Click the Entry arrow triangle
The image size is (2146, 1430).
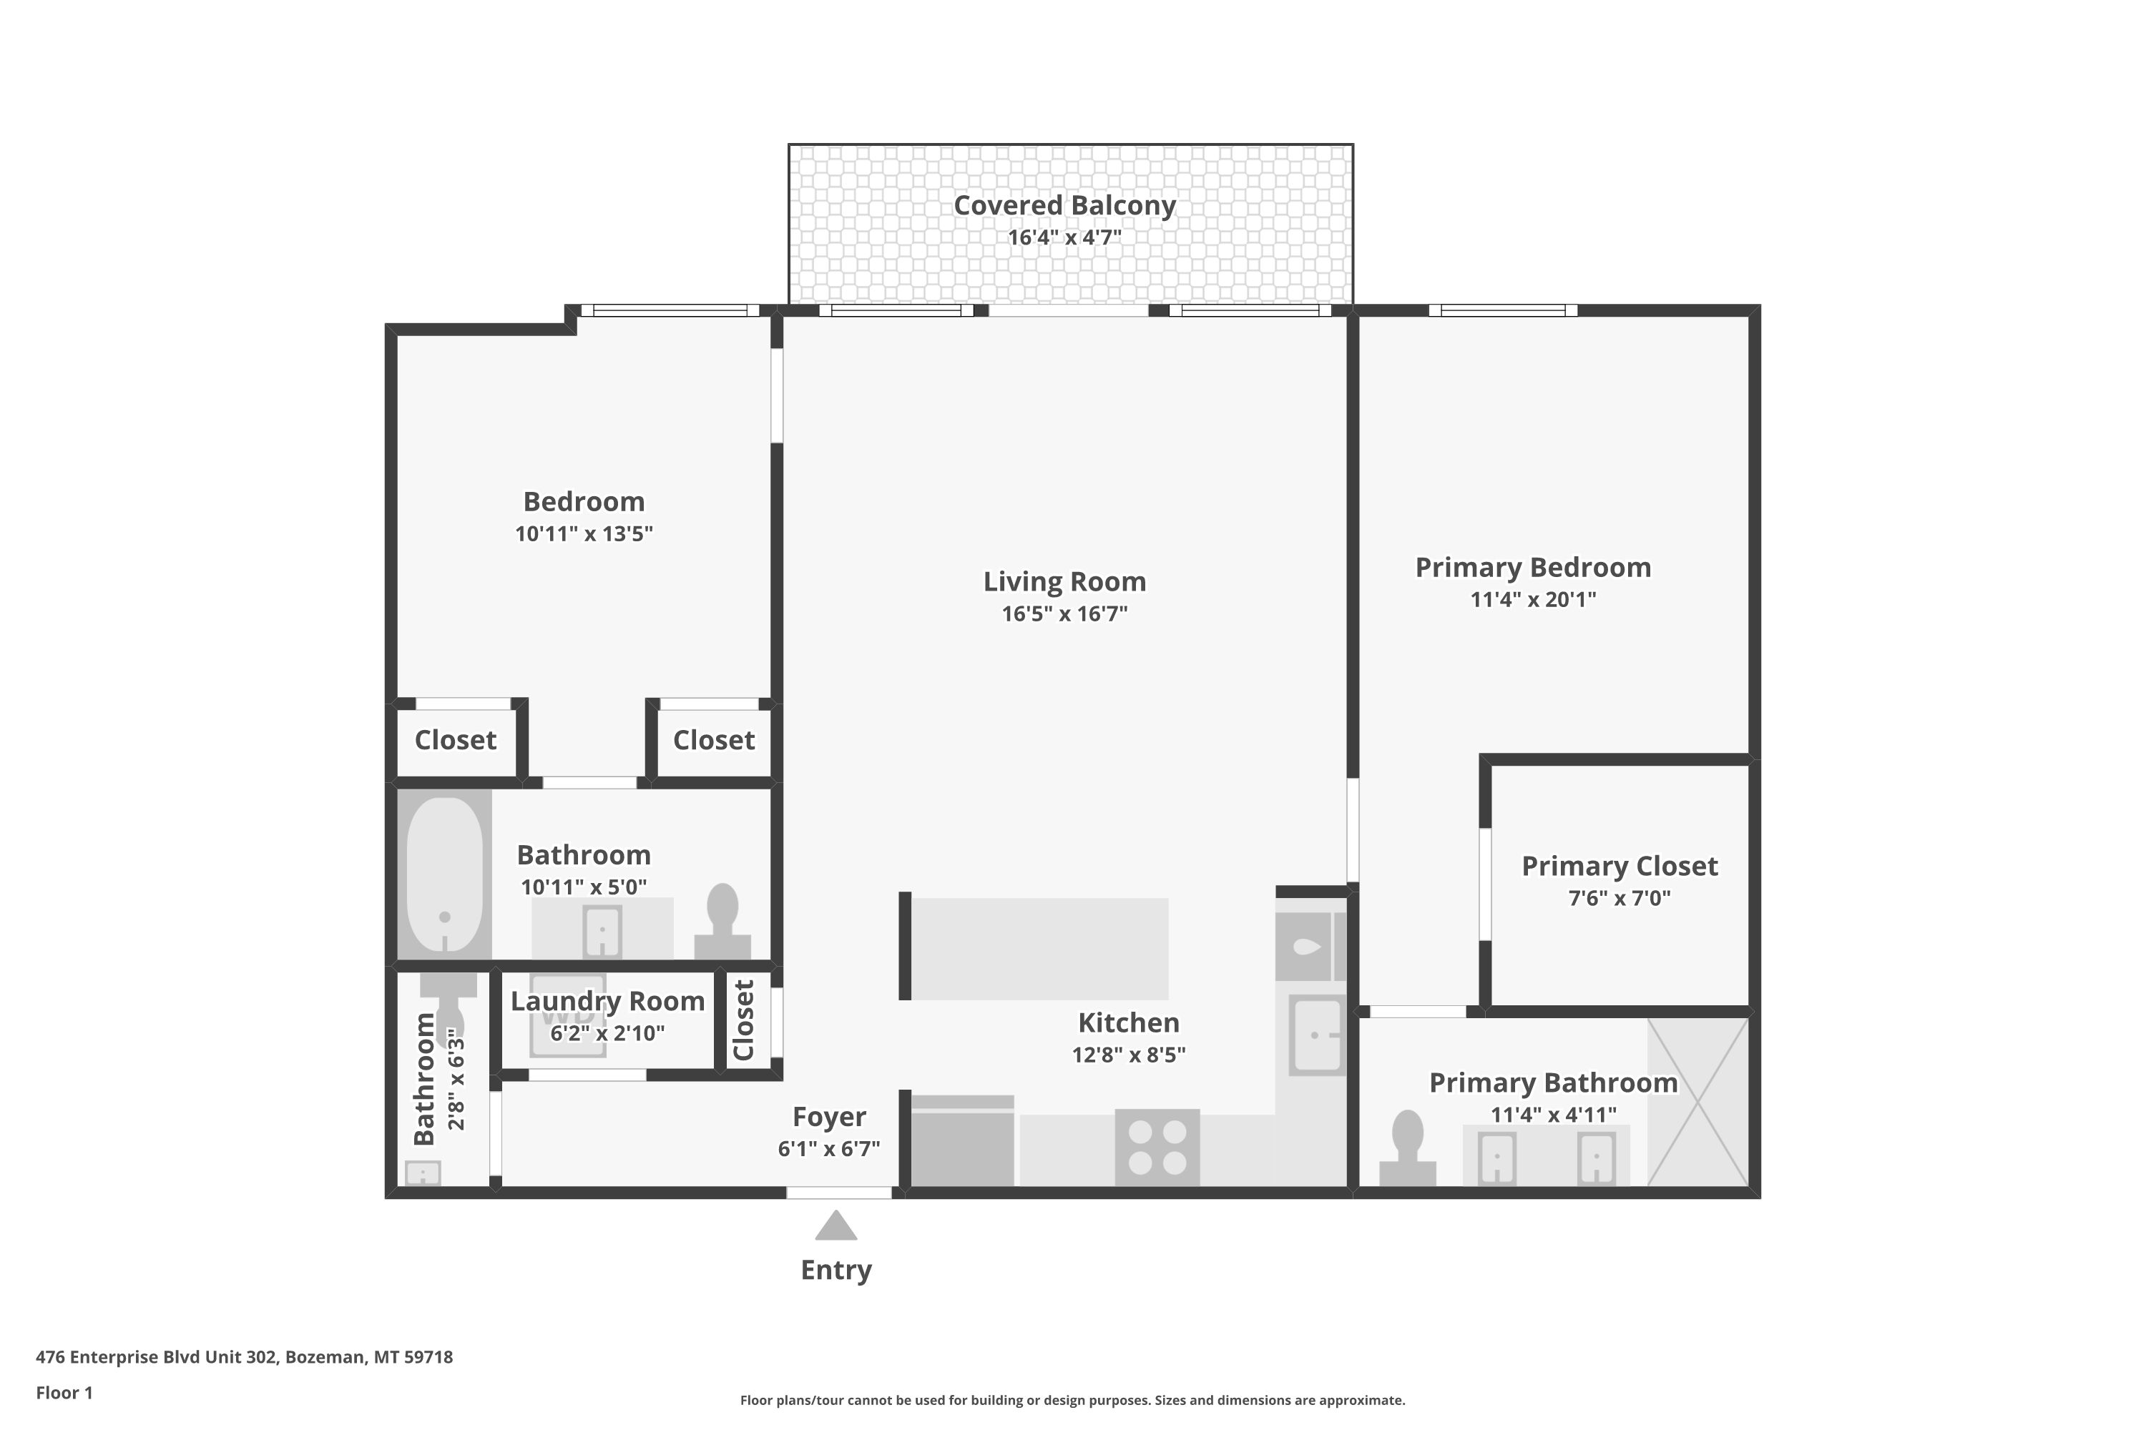[836, 1226]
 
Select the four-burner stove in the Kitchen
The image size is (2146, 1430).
[1157, 1148]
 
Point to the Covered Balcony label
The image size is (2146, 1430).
[1065, 205]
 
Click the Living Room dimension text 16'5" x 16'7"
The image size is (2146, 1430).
[1065, 613]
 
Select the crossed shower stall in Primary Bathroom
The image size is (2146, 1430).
[1697, 1102]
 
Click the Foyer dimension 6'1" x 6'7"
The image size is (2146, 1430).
[828, 1149]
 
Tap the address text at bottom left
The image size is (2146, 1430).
[245, 1356]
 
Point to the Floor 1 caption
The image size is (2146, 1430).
[65, 1393]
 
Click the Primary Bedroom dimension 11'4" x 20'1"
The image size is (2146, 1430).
[1533, 600]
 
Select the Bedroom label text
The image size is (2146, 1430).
[584, 502]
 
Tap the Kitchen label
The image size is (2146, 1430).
[1129, 1022]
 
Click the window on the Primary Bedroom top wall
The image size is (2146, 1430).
[1503, 310]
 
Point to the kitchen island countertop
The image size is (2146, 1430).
[1040, 949]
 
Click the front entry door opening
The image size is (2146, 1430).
[839, 1193]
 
